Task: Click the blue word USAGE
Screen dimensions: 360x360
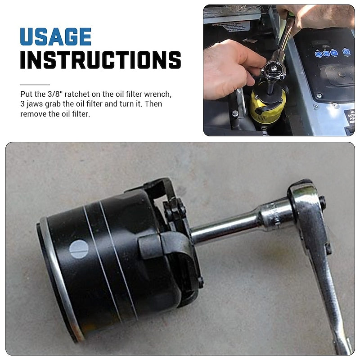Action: click(x=55, y=37)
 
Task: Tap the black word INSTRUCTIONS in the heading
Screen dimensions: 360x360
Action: click(x=100, y=60)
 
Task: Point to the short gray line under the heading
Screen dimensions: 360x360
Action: click(x=35, y=85)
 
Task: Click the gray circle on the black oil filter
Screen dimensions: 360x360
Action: click(x=79, y=249)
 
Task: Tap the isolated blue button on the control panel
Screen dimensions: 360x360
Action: click(x=346, y=52)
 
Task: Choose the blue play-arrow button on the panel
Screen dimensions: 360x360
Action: click(x=333, y=53)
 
